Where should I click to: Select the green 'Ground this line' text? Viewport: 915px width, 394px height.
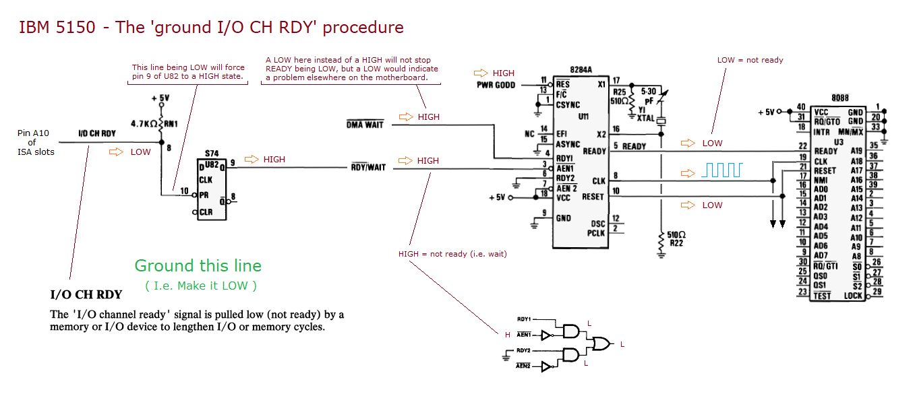pyautogui.click(x=198, y=265)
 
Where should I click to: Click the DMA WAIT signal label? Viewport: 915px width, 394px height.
pyautogui.click(x=364, y=125)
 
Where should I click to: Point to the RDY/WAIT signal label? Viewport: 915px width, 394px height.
pyautogui.click(x=367, y=167)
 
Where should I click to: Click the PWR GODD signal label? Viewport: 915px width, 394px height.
pyautogui.click(x=496, y=85)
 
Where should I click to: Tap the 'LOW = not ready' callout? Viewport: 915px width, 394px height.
pyautogui.click(x=750, y=60)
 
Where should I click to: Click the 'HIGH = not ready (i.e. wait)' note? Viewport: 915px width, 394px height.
pyautogui.click(x=452, y=254)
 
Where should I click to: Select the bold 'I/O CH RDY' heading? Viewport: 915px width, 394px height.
pyautogui.click(x=86, y=294)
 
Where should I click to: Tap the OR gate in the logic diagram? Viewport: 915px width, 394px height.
pyautogui.click(x=600, y=344)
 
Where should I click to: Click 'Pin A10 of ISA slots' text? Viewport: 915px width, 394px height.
pyautogui.click(x=32, y=142)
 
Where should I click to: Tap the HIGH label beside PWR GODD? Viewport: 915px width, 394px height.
pyautogui.click(x=503, y=73)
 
